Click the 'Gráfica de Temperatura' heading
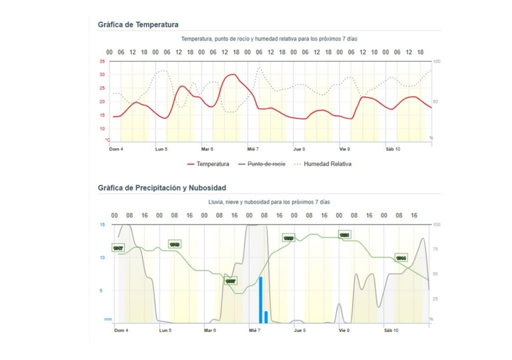[138, 24]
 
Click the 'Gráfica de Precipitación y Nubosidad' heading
[162, 188]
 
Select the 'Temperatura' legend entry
[208, 164]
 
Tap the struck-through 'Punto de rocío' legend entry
[261, 164]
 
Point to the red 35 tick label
[102, 61]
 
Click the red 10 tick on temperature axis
[102, 128]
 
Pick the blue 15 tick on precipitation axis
[102, 225]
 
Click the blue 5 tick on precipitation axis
[103, 290]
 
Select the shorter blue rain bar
[266, 317]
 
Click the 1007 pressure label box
[230, 281]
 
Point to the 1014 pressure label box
[401, 258]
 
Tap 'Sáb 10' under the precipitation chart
[391, 330]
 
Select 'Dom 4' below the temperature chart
[116, 149]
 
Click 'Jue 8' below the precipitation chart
[299, 330]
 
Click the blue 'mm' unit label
[108, 319]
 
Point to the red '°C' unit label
[107, 139]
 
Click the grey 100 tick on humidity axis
[436, 61]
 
